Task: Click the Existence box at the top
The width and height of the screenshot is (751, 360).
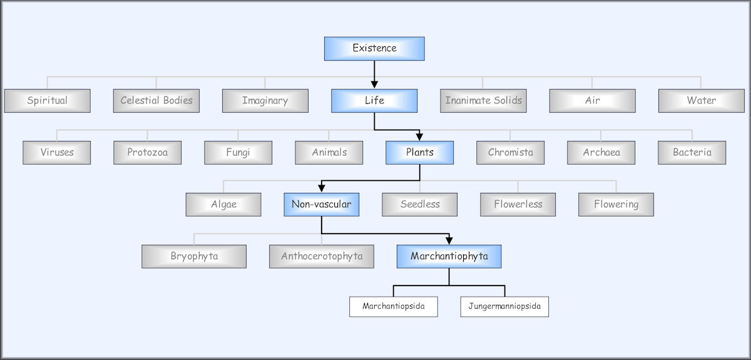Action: click(x=374, y=48)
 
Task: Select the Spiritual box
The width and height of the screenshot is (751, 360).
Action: click(x=47, y=100)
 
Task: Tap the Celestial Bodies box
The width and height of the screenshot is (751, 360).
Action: click(x=156, y=100)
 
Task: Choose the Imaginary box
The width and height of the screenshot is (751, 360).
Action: click(x=265, y=100)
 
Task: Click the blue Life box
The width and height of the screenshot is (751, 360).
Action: click(x=374, y=100)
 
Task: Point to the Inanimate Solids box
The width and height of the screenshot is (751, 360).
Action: click(x=483, y=100)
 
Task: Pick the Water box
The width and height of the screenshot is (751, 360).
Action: click(x=701, y=100)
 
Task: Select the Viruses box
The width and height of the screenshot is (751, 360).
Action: click(x=57, y=152)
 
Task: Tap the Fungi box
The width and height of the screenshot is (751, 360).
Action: click(x=238, y=152)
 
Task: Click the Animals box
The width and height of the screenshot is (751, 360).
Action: click(x=329, y=152)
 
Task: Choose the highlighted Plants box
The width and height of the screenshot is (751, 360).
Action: click(x=419, y=152)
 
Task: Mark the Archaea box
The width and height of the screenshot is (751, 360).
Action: click(x=601, y=152)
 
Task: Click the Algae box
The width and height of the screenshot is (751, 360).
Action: click(x=223, y=204)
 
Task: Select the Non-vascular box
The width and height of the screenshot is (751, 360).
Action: click(x=321, y=204)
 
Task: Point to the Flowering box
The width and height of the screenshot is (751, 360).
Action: click(x=616, y=204)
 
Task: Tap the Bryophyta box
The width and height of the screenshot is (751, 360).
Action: click(x=194, y=256)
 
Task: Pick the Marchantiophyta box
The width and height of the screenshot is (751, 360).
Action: click(x=449, y=256)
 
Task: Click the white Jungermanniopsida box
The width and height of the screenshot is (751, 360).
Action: click(x=504, y=307)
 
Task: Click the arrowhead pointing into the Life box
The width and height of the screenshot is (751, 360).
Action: click(x=374, y=84)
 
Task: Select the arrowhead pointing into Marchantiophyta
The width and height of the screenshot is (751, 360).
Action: click(x=449, y=240)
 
